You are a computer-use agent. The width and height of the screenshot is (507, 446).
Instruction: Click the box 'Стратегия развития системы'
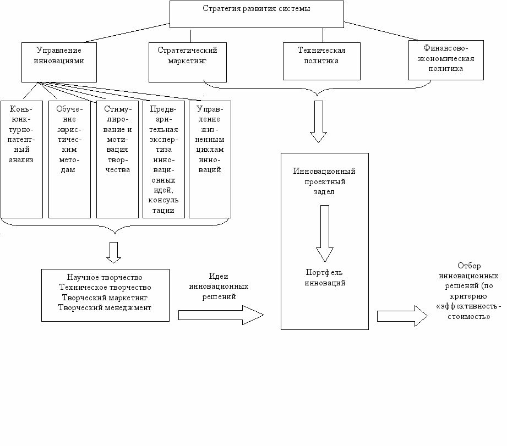coord(257,14)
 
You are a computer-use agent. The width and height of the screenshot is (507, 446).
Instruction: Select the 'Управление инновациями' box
coord(59,62)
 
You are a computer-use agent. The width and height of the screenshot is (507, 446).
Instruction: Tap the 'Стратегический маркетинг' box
coord(188,62)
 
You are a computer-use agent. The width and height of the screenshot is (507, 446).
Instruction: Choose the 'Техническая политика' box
coord(321,62)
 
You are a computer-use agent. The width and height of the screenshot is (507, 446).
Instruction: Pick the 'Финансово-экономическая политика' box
coord(446,60)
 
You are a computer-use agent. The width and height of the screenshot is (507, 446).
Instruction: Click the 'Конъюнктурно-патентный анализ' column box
coord(21,159)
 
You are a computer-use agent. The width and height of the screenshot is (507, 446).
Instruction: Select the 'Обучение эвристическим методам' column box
coord(69,159)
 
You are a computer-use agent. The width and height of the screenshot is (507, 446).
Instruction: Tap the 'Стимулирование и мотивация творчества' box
coord(117,159)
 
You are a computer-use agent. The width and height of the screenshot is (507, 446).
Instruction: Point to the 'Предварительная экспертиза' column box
coord(163,159)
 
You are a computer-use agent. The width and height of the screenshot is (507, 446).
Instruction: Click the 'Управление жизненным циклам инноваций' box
coord(210,159)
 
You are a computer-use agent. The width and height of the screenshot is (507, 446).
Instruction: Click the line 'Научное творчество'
coord(105,277)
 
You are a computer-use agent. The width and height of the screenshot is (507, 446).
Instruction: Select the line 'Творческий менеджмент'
coord(105,308)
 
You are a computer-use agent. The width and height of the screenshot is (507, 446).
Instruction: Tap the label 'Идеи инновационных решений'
coord(219,287)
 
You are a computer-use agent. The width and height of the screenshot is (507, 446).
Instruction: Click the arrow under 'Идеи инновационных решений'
coord(221,315)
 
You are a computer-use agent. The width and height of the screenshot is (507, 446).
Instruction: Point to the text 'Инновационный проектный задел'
coord(324,181)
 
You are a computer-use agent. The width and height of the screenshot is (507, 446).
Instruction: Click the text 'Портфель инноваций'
coord(325,278)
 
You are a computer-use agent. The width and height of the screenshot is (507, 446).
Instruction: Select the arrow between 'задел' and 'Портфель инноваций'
coord(325,234)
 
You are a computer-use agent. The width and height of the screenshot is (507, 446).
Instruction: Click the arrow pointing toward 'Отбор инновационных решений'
coord(402,316)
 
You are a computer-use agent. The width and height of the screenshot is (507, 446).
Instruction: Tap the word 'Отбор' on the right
coord(469,266)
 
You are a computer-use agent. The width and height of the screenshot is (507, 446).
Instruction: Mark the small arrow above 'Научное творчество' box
coord(113,252)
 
